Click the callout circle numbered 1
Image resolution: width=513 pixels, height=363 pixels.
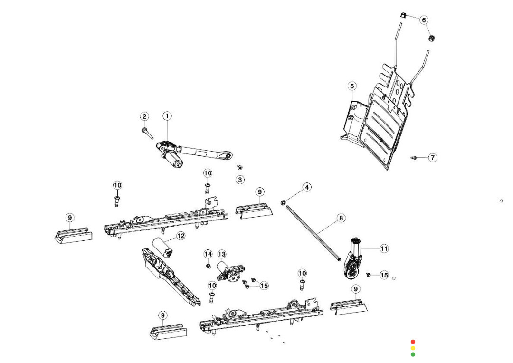(x=167, y=116)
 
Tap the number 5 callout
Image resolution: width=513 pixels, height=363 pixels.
(x=351, y=86)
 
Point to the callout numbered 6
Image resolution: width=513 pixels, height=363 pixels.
(x=424, y=20)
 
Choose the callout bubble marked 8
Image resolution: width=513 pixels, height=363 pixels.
(x=341, y=218)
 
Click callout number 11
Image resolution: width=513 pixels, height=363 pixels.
(x=384, y=248)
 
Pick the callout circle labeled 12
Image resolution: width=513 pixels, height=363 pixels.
(x=180, y=236)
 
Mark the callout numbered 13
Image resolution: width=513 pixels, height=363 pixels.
(x=222, y=254)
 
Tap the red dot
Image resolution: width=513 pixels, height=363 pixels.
(x=413, y=342)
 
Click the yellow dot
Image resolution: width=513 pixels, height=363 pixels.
(x=413, y=348)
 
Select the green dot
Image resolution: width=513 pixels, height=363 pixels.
(x=413, y=354)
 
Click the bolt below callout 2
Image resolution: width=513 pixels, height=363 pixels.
(x=146, y=132)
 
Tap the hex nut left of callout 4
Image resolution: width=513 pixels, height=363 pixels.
(x=283, y=202)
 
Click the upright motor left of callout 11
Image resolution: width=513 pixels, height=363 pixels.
(x=355, y=259)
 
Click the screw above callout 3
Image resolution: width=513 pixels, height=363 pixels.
(x=240, y=168)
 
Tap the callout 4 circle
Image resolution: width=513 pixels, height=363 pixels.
(x=307, y=188)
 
